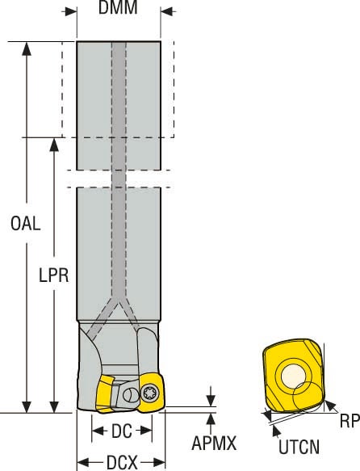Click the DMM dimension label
(119, 9)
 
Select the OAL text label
(27, 224)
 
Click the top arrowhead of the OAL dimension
(27, 48)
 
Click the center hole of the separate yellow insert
(293, 377)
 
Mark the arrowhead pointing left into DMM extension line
(167, 11)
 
